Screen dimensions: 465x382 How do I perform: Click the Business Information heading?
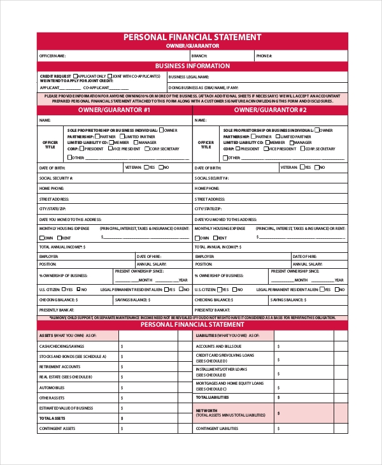pos(192,66)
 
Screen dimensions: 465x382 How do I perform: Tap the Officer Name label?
pos(53,56)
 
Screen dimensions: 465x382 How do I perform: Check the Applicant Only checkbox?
pos(76,76)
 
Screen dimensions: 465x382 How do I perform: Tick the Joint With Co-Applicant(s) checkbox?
pos(110,76)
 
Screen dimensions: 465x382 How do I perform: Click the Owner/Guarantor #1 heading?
pos(115,110)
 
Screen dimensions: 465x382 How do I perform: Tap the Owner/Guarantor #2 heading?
pos(270,110)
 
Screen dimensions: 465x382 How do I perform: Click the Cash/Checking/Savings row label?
pos(62,346)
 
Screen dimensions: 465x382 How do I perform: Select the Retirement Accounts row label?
pos(60,366)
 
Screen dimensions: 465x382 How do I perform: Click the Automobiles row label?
pos(52,387)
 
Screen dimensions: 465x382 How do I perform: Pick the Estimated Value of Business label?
pos(66,408)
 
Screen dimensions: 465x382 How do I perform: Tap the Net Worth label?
pos(207,410)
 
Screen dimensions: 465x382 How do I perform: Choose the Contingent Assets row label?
pos(57,429)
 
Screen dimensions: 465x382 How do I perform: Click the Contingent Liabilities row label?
pos(217,429)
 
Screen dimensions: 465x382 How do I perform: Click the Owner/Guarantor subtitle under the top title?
pos(192,46)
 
